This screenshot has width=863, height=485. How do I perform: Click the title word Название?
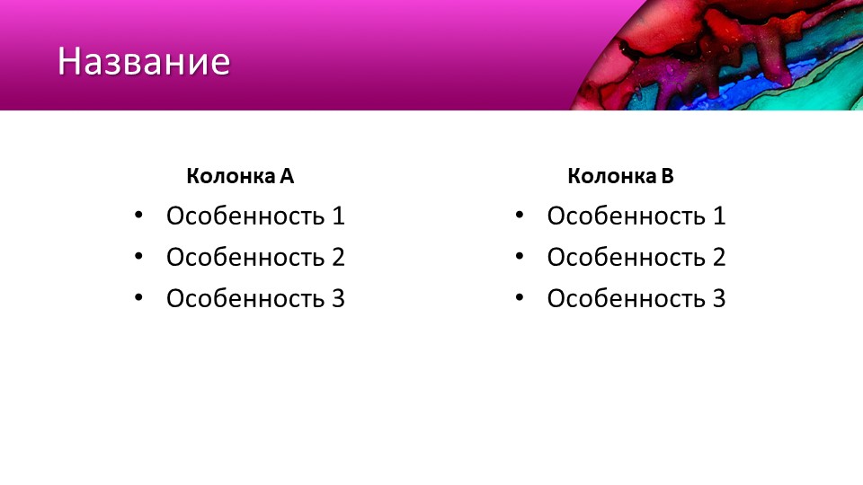click(x=144, y=61)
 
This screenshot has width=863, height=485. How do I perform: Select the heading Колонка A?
click(x=240, y=176)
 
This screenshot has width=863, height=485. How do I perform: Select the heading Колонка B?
click(x=621, y=176)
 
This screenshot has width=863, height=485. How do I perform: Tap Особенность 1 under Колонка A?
click(x=255, y=216)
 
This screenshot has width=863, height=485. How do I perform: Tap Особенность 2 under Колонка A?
click(x=255, y=257)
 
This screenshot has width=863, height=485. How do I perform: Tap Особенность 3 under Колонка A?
click(x=255, y=298)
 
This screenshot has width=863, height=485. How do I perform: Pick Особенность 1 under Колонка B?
click(x=636, y=216)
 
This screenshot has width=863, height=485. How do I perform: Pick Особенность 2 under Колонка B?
click(x=636, y=257)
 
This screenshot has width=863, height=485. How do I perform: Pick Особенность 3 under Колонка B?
click(x=636, y=298)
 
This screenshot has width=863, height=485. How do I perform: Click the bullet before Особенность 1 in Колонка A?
click(x=138, y=215)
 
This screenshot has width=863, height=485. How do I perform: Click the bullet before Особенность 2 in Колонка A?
click(x=138, y=256)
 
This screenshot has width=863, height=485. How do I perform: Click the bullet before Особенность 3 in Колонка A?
click(x=138, y=297)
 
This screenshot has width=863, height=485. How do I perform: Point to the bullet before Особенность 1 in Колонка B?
click(x=520, y=215)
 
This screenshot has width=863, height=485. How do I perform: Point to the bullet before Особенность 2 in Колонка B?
click(x=520, y=256)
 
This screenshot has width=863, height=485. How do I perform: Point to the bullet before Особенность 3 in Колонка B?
click(x=520, y=297)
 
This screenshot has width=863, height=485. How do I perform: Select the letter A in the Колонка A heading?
click(x=287, y=176)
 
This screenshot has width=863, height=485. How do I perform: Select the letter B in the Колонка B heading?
click(x=668, y=176)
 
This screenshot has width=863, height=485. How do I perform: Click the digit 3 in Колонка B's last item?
click(x=719, y=298)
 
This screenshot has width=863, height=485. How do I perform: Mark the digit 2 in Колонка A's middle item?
click(x=338, y=257)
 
